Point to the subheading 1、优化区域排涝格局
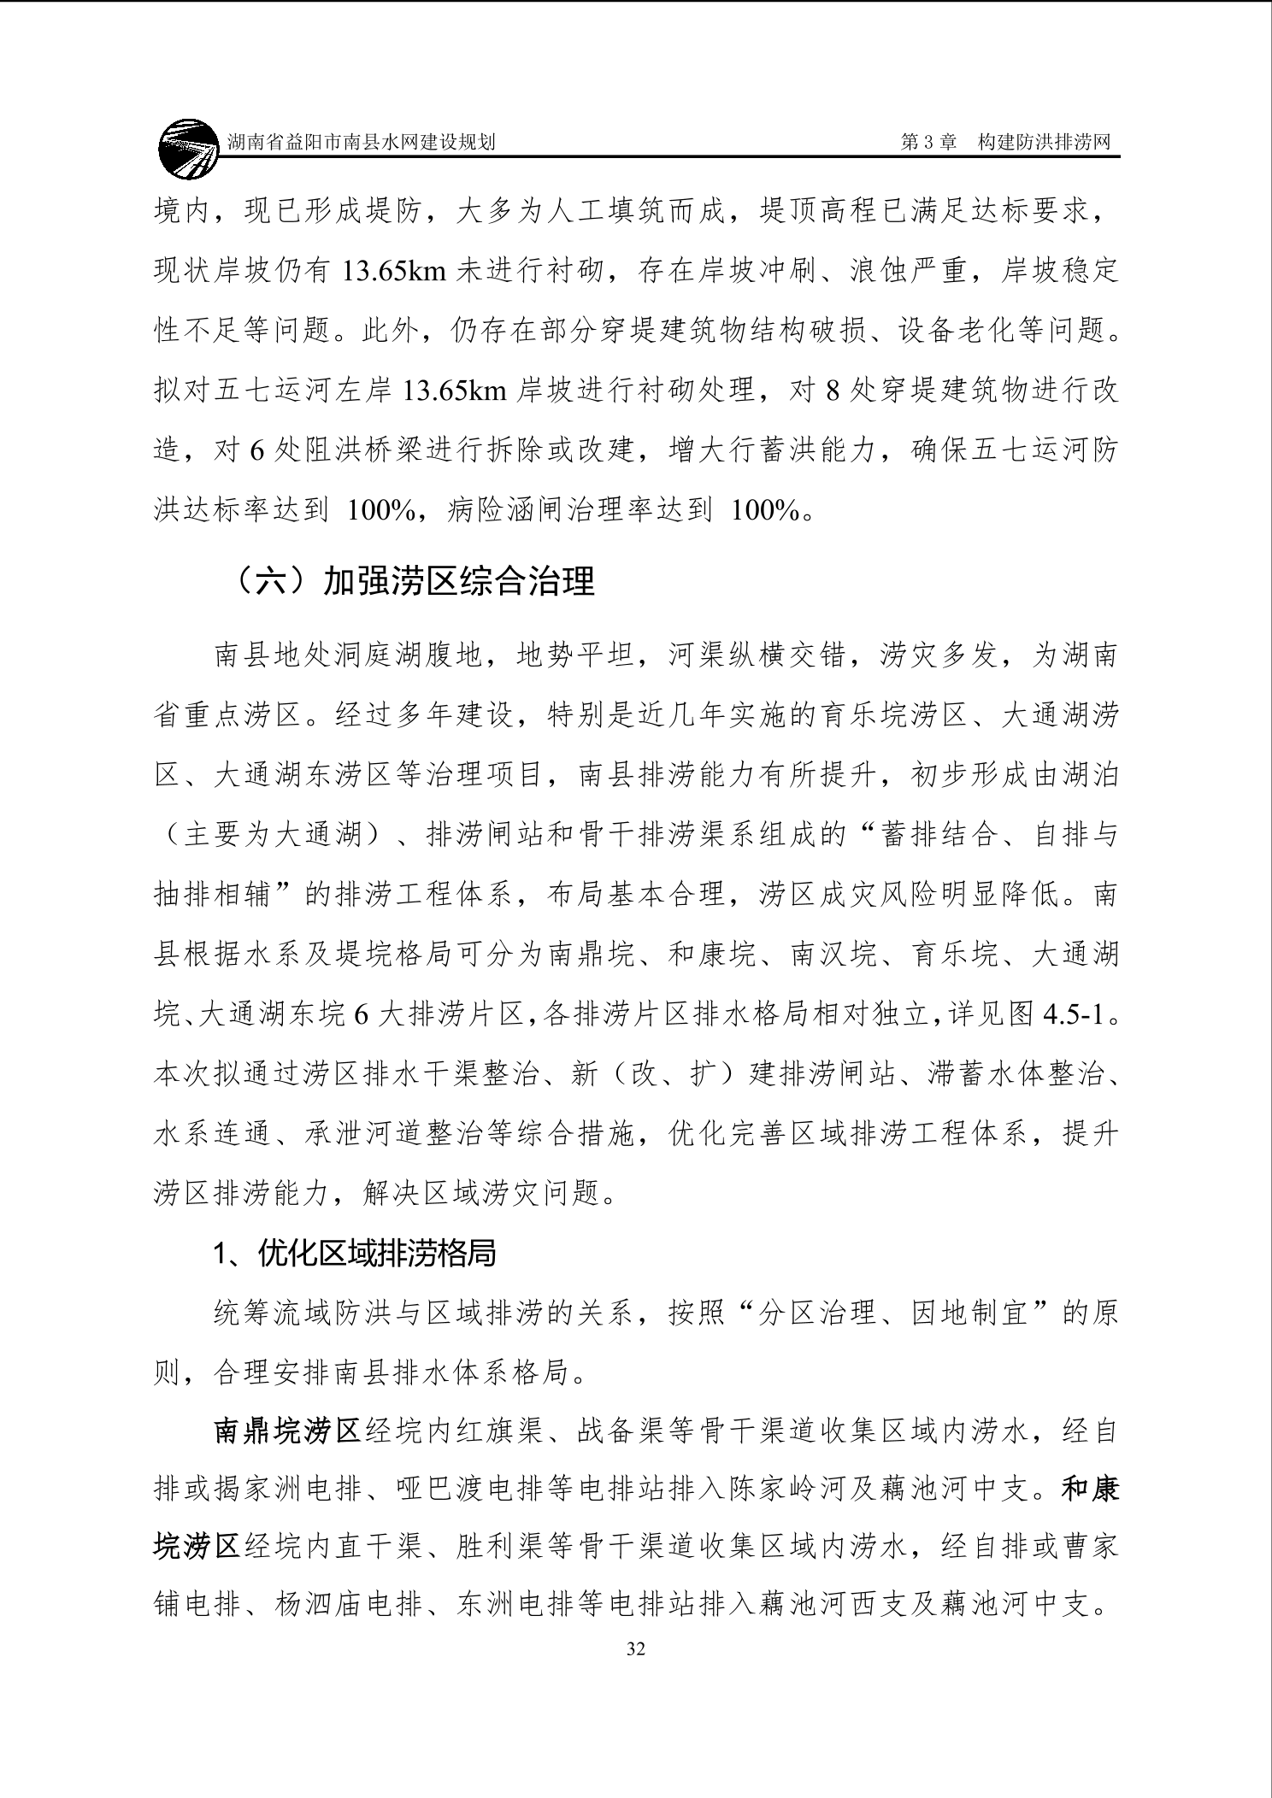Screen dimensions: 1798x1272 click(x=355, y=1254)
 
